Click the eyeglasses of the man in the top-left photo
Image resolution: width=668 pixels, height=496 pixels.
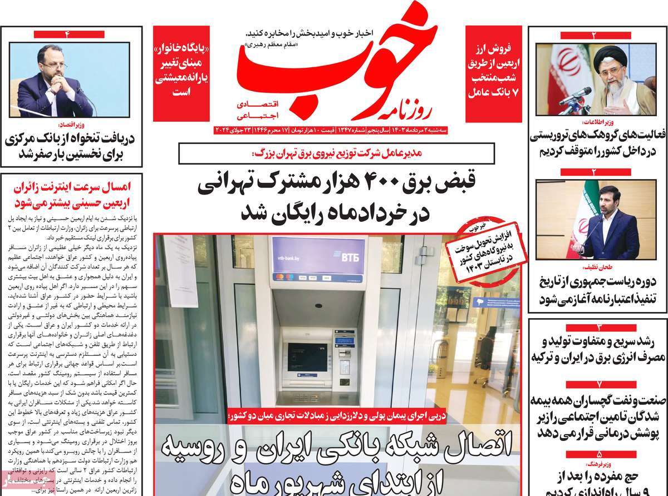(50, 70)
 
